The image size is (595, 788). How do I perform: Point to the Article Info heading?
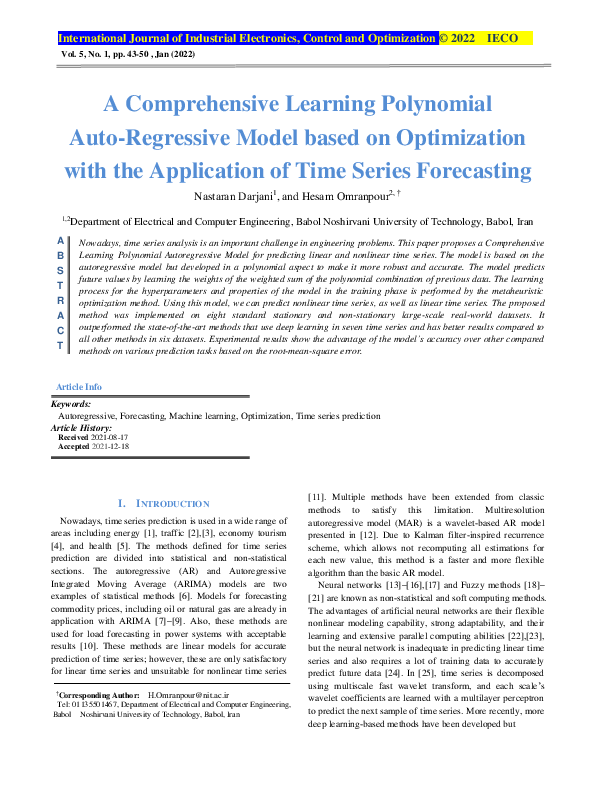click(79, 386)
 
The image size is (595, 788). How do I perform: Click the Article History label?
click(85, 429)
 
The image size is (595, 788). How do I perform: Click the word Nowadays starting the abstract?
click(98, 242)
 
